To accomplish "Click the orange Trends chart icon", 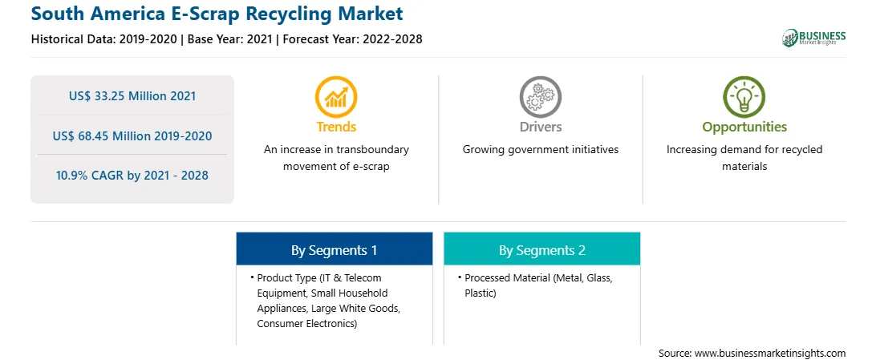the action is tap(336, 97).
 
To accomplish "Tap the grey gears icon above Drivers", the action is tap(540, 97).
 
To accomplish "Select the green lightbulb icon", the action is tap(744, 97).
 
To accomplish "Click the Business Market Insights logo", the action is tap(813, 38).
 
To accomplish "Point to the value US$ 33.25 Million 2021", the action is tap(132, 96).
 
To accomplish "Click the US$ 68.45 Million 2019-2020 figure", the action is tap(132, 136).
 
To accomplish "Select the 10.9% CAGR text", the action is tap(132, 176).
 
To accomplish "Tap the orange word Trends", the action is tap(336, 127).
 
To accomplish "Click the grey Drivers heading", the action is tap(540, 127).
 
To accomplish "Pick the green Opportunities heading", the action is tap(744, 127).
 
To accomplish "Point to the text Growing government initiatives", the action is tap(540, 150).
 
